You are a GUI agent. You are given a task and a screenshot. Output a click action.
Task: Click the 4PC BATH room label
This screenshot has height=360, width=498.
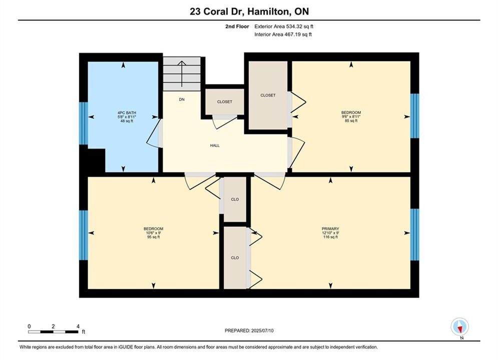[x=127, y=113]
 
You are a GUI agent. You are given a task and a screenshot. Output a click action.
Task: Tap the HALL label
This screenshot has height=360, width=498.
[x=215, y=145]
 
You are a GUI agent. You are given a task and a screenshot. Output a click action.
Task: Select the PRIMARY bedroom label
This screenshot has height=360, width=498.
[x=330, y=228]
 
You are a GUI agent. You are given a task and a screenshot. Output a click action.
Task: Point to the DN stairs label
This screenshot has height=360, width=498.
[x=182, y=99]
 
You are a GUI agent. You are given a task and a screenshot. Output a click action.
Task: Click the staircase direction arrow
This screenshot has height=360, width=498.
[x=182, y=73]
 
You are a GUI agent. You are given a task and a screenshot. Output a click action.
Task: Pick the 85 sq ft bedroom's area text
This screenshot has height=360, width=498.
[x=351, y=121]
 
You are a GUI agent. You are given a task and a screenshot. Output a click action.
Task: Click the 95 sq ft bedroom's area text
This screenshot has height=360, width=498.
[x=153, y=237]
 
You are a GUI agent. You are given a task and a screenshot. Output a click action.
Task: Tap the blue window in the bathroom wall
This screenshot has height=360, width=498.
[x=83, y=123]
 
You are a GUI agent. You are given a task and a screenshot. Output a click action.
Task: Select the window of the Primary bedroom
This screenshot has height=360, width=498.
[x=415, y=234]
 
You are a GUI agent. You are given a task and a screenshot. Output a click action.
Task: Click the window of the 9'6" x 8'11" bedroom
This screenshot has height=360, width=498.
[x=415, y=116]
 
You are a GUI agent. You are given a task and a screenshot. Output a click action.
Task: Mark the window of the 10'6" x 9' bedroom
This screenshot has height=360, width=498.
[x=83, y=235]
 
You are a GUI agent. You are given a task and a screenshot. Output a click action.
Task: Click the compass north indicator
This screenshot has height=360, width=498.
[x=459, y=326]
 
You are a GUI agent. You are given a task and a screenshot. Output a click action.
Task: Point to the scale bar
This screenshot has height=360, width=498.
[x=54, y=332]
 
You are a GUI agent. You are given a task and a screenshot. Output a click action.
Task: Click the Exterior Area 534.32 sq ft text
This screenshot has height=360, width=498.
[x=284, y=26]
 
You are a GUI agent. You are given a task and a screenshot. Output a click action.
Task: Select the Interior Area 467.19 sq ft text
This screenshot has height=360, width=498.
[x=283, y=34]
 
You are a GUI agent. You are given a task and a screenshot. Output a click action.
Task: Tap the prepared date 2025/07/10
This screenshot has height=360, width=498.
[x=262, y=330]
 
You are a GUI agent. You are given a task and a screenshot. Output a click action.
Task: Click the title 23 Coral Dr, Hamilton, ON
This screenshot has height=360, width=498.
[x=249, y=11]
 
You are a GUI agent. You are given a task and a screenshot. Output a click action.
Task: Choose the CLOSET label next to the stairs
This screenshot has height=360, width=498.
[x=225, y=102]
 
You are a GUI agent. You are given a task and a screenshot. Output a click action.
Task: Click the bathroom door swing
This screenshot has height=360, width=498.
[x=154, y=133]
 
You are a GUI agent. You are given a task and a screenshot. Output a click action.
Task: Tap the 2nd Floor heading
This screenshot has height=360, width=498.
[x=237, y=26]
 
